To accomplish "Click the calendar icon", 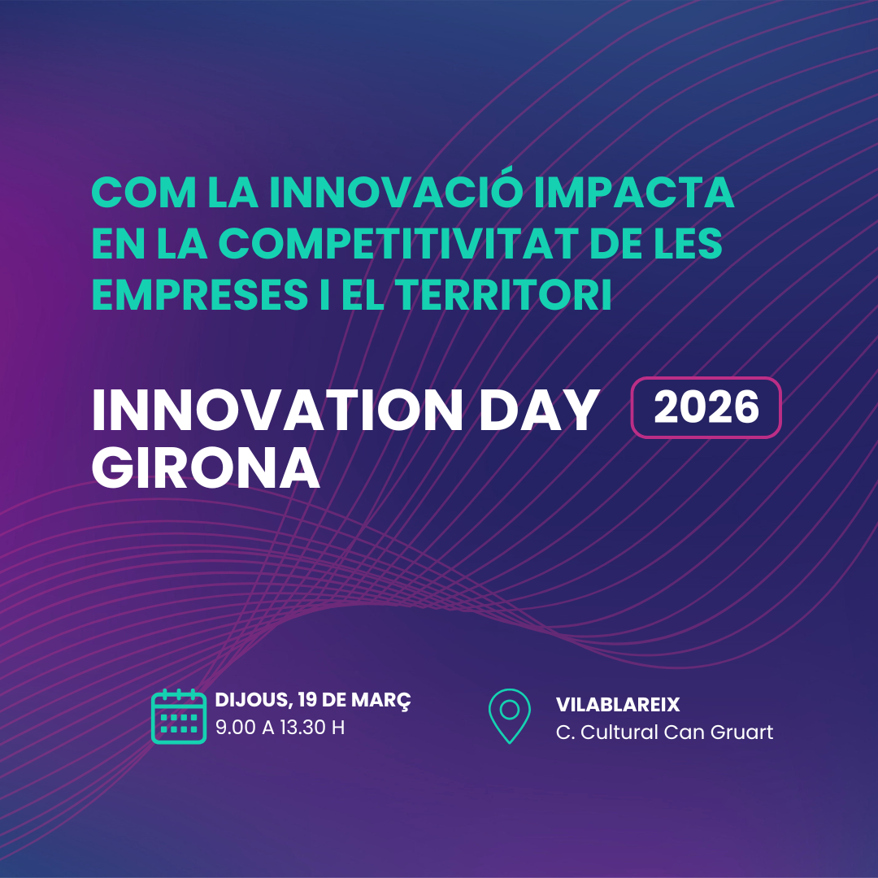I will click(x=179, y=716).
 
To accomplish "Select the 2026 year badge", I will click(x=706, y=408).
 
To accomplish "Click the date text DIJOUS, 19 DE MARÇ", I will click(x=313, y=701).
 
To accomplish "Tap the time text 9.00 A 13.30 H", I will click(x=280, y=728).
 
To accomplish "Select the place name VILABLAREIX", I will click(x=618, y=704).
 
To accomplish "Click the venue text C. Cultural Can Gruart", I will click(x=664, y=732).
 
